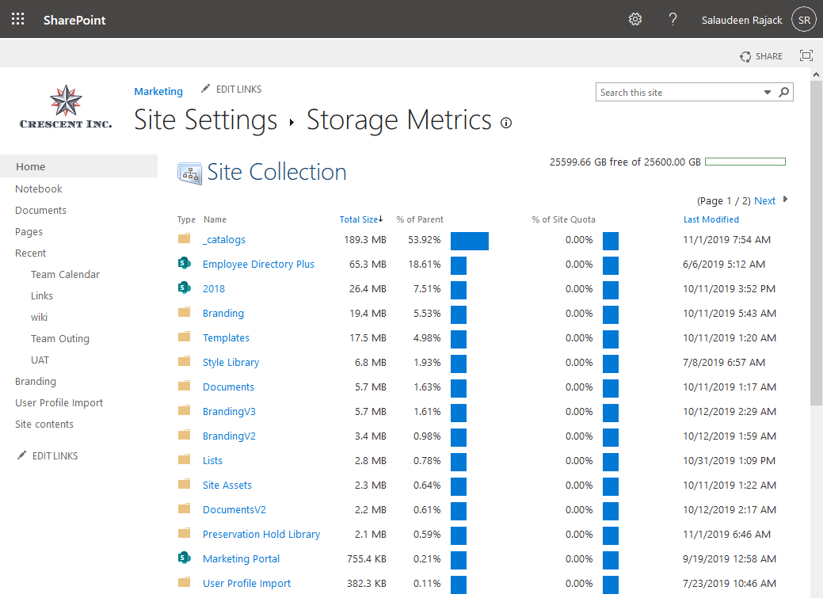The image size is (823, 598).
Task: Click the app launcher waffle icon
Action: [x=18, y=19]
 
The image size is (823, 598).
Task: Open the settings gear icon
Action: [x=634, y=19]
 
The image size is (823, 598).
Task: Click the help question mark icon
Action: [x=672, y=19]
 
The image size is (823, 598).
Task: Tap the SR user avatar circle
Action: [x=804, y=20]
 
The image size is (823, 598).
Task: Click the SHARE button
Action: [x=761, y=56]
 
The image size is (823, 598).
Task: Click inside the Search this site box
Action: [x=679, y=93]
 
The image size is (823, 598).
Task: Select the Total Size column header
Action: [x=360, y=219]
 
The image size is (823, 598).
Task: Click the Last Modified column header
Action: [x=711, y=219]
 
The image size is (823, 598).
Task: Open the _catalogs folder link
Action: [x=224, y=239]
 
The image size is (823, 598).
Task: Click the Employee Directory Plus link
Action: [x=258, y=264]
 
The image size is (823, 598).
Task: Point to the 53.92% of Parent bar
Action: [x=470, y=241]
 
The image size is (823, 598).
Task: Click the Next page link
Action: [x=764, y=200]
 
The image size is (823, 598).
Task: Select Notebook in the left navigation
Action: [x=39, y=189]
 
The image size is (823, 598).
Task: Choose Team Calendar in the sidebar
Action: [x=65, y=274]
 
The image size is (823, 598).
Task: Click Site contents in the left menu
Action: [x=44, y=424]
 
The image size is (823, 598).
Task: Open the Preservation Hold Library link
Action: [x=261, y=534]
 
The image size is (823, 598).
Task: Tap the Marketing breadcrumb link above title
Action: [x=158, y=91]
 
